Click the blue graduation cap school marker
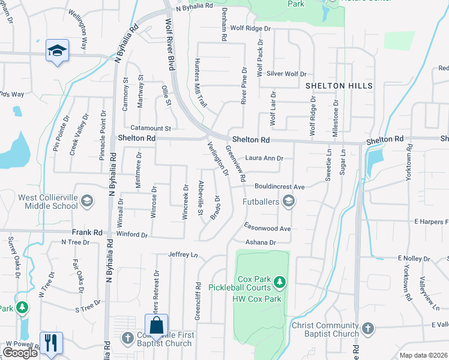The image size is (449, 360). click(58, 50)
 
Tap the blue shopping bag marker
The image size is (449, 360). click(156, 326)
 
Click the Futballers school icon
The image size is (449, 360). click(289, 201)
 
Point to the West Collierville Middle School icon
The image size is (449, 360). click(87, 201)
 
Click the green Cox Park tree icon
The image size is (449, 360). click(279, 281)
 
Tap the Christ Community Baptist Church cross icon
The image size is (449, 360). click(367, 329)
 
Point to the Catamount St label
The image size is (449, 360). click(151, 128)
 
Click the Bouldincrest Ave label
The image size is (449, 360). click(280, 187)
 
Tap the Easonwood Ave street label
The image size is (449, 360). click(267, 229)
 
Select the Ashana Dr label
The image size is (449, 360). click(259, 242)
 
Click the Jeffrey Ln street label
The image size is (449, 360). click(183, 255)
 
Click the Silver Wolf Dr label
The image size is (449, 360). click(287, 74)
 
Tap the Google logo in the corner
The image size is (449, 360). click(20, 353)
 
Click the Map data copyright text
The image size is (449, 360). click(423, 355)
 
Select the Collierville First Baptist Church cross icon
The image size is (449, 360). click(127, 338)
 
